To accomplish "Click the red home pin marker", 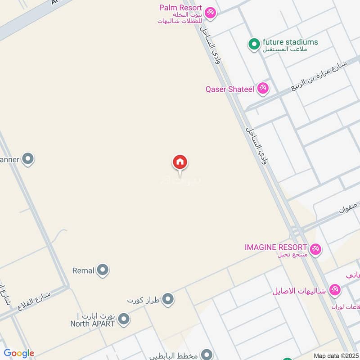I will [180, 162].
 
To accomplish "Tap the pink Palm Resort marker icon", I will [209, 12].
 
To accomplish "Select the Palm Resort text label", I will [180, 8].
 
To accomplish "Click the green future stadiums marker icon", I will [254, 44].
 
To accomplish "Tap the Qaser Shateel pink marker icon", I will [263, 89].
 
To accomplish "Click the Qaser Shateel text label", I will [229, 89].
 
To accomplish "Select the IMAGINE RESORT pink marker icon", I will [315, 248].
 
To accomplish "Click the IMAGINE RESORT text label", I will [276, 247].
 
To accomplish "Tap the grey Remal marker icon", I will [103, 270].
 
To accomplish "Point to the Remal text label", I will [83, 270].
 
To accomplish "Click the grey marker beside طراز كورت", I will [168, 299].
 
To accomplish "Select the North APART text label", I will [93, 323].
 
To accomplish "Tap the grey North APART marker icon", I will [124, 319].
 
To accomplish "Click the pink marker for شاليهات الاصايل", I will [334, 290].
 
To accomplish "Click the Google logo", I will [19, 354].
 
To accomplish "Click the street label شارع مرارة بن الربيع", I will [320, 72].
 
